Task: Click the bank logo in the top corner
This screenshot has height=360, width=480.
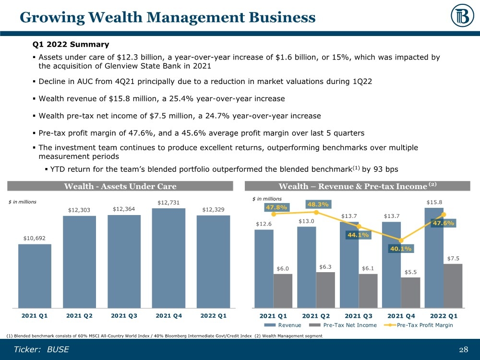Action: pos(462,17)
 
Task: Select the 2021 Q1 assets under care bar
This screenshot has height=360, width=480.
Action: pos(35,276)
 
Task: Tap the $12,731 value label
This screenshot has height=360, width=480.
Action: pos(168,203)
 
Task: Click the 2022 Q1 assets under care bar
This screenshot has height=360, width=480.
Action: pos(213,262)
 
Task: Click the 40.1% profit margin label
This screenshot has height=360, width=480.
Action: pos(400,249)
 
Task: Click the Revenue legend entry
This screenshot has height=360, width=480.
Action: pos(289,325)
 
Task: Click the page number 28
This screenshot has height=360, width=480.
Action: pos(463,349)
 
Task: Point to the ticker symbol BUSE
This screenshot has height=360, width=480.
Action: pos(58,349)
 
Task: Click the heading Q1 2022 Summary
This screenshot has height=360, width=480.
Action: pos(71,45)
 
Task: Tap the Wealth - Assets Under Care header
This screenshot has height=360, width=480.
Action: pos(120,186)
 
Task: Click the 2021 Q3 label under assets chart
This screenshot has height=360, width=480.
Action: pos(124,315)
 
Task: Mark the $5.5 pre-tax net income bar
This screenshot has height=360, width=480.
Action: pos(410,292)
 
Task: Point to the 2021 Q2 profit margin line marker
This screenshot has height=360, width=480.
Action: pos(316,212)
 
